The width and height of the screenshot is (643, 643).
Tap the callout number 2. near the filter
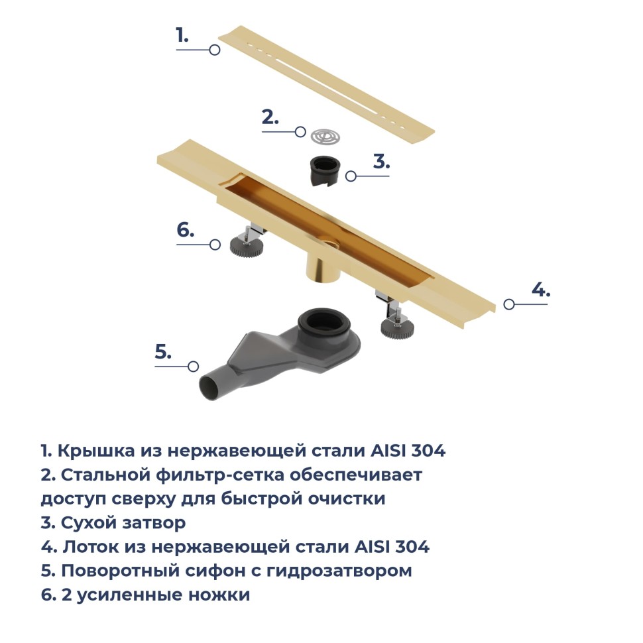click(270, 118)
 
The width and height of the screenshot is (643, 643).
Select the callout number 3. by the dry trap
click(380, 162)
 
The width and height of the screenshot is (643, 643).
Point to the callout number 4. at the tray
click(540, 290)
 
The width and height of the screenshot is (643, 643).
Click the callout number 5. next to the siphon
click(163, 352)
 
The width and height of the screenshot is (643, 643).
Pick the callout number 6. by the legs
click(186, 230)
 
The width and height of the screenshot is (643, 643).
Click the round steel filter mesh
click(325, 136)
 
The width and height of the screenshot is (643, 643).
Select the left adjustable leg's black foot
click(247, 246)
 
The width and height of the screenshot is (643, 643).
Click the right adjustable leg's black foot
click(396, 327)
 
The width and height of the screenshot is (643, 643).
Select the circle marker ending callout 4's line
click(508, 304)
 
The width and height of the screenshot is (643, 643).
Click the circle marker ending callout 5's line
click(193, 366)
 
